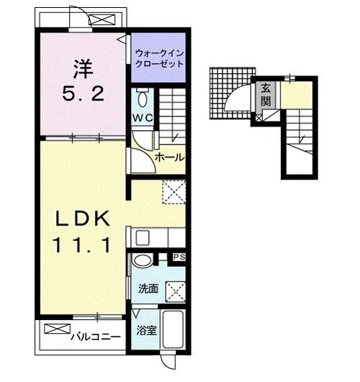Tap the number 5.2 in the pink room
(84, 94)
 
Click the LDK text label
(82, 219)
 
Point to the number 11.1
(82, 245)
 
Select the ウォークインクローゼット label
(159, 58)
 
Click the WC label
(143, 118)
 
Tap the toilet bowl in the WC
(143, 99)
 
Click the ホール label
(170, 158)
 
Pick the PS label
(179, 257)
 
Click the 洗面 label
(148, 288)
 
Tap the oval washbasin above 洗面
(143, 260)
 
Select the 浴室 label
(146, 330)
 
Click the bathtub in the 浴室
(173, 329)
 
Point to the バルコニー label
(96, 337)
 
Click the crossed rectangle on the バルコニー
(58, 329)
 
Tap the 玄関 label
(266, 95)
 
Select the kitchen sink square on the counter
(143, 238)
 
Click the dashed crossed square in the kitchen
(174, 192)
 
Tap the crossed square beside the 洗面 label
(176, 292)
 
